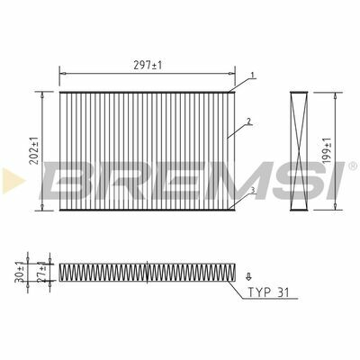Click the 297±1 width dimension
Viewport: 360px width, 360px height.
pyautogui.click(x=148, y=65)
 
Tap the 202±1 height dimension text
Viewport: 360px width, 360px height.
pyautogui.click(x=35, y=150)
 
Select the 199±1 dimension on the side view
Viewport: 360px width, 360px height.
pyautogui.click(x=327, y=151)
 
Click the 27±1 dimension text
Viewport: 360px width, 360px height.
pyautogui.click(x=42, y=271)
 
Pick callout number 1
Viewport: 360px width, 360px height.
pyautogui.click(x=253, y=76)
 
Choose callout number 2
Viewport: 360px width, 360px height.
pyautogui.click(x=248, y=121)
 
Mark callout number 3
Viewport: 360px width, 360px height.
pyautogui.click(x=253, y=190)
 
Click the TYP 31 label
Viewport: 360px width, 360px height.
pyautogui.click(x=268, y=292)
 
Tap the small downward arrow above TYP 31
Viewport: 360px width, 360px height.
pyautogui.click(x=248, y=276)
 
